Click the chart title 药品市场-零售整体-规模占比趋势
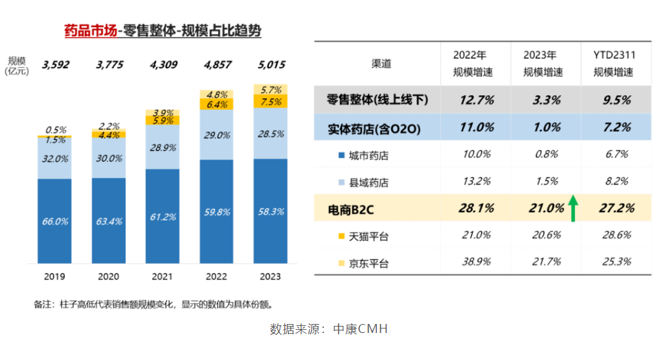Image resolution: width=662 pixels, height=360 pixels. (163, 30)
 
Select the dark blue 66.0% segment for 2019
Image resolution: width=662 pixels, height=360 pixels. (55, 221)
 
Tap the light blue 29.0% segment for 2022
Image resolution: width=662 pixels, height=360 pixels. (216, 135)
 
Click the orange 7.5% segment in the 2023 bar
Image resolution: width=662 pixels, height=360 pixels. (270, 102)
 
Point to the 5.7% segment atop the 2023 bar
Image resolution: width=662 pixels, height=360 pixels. (270, 90)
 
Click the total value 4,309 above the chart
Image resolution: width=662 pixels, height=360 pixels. (162, 65)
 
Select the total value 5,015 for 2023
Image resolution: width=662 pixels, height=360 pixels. (270, 65)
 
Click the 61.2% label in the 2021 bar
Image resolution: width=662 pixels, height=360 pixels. (162, 217)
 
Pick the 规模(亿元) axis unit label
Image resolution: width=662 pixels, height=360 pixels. (17, 66)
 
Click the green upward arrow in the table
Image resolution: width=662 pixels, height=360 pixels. (571, 208)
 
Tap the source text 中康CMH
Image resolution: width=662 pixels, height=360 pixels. (360, 329)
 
